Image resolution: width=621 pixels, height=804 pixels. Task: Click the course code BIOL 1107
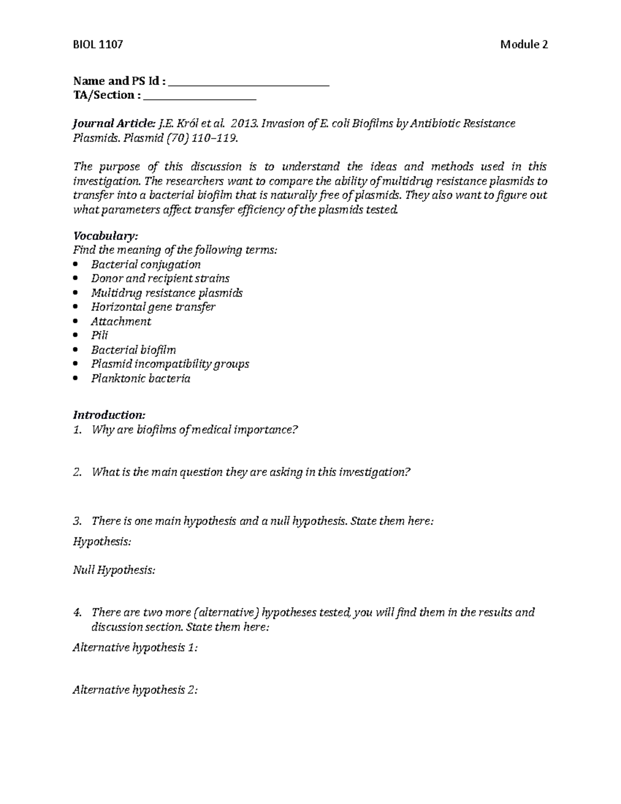[98, 45]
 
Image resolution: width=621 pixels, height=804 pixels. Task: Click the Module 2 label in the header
[524, 45]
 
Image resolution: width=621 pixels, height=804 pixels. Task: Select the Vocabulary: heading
[106, 236]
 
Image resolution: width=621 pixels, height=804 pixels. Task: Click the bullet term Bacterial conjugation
[146, 265]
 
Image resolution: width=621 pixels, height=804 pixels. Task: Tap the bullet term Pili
[99, 335]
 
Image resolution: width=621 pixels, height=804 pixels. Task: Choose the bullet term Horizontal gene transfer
[153, 307]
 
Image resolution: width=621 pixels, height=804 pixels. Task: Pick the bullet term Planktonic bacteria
[141, 378]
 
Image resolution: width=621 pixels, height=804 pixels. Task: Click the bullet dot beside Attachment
[77, 321]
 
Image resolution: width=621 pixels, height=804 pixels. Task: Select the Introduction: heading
[109, 415]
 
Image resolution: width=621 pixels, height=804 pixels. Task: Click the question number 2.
[77, 472]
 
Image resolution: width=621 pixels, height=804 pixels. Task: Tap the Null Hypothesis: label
[114, 571]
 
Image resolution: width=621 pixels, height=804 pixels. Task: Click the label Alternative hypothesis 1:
[135, 648]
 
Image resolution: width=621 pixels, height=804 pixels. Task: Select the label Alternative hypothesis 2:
[136, 690]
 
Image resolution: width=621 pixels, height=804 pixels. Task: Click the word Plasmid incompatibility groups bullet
[170, 364]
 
